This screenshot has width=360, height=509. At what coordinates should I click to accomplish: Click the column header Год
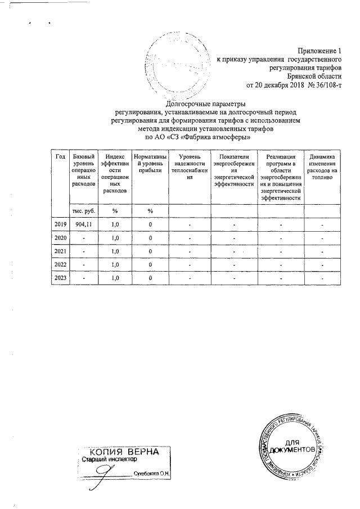coord(60,156)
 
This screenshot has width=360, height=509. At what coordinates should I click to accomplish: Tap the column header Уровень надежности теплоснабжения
coord(190,166)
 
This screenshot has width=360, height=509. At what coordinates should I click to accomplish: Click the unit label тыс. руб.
coord(83,210)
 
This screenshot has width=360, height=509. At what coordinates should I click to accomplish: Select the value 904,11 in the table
coord(83,224)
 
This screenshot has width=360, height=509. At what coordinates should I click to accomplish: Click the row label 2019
coord(60,224)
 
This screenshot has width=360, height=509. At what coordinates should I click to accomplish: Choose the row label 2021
coord(60,251)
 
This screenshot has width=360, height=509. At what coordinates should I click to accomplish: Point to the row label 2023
coord(60,277)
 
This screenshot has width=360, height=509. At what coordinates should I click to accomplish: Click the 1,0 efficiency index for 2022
coord(115,264)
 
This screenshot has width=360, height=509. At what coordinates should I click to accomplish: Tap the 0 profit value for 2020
coord(150,238)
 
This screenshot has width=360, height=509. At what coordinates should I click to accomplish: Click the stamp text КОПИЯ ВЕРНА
coord(124,452)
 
